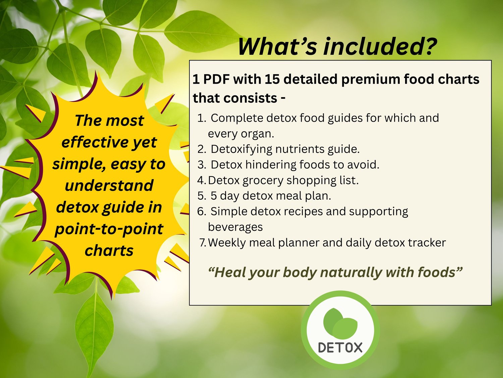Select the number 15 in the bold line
tap(272, 79)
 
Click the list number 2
tap(202, 149)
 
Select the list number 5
tap(202, 196)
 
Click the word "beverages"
tap(235, 227)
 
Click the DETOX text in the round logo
tap(340, 347)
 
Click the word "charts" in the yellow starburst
tap(109, 251)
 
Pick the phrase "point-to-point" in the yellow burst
tap(109, 229)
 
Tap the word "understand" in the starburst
tap(109, 185)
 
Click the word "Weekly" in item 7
tap(227, 243)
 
